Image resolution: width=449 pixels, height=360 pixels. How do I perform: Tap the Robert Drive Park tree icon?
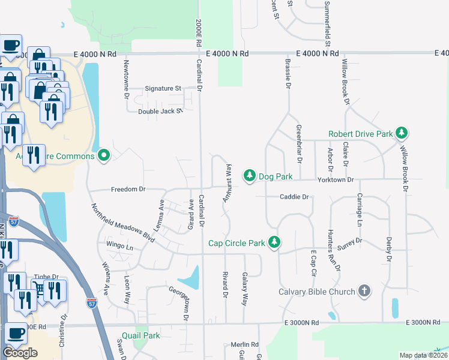(402, 133)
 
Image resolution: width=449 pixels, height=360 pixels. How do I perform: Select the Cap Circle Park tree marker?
(274, 243)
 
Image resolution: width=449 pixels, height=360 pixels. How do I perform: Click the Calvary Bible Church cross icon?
(364, 292)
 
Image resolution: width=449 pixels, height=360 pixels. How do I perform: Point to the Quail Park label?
(140, 335)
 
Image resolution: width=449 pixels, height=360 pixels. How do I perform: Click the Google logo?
(20, 353)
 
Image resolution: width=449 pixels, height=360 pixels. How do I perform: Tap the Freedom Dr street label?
(128, 190)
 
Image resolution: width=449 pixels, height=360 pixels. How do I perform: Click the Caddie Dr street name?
(294, 197)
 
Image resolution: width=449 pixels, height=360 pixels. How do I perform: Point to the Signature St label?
(163, 88)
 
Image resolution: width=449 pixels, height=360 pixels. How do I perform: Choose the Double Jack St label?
(160, 112)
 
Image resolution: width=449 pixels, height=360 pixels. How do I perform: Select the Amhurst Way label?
(228, 182)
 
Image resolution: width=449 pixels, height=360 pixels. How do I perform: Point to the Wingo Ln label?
(119, 246)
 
